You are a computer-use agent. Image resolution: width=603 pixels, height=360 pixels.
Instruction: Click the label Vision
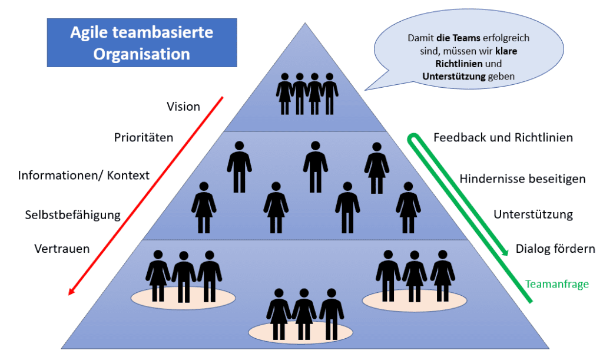pos(183,107)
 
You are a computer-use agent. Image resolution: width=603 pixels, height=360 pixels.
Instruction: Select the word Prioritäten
pos(144,138)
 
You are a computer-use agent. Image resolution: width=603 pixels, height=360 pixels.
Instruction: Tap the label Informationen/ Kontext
pos(84,176)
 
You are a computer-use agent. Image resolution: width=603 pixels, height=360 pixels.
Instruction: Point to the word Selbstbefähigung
pos(72,214)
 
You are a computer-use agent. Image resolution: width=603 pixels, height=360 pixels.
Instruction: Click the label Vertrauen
pos(62,249)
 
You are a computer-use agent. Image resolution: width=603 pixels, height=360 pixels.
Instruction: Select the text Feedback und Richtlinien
pos(503,138)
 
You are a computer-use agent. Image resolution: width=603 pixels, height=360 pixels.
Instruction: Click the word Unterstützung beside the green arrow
pos(533,214)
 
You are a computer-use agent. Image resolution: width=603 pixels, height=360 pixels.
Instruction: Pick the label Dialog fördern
pos(555,249)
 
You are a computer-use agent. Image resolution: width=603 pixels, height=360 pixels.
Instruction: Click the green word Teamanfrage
pos(557,284)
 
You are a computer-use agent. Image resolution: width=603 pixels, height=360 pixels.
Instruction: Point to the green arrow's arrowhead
pos(505,252)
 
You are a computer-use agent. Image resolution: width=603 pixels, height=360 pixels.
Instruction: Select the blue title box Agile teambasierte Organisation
pos(142,43)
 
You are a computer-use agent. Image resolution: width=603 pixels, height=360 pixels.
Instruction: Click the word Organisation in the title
pos(142,55)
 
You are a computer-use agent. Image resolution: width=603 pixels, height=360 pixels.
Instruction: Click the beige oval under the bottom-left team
pos(183,296)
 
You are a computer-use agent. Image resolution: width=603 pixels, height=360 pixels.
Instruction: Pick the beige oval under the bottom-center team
pos(300,332)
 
